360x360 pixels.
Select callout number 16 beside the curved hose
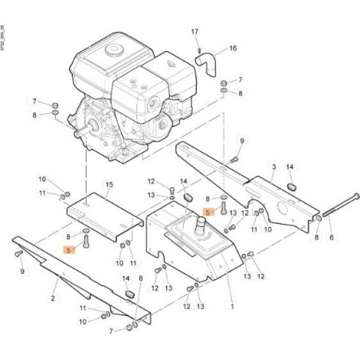[x=233, y=48]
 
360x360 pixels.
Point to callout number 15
[x=109, y=186]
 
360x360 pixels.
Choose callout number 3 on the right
[x=273, y=167]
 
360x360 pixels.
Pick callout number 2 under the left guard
[x=53, y=299]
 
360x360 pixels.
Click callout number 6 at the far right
[x=331, y=237]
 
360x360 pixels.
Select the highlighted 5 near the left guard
[x=69, y=248]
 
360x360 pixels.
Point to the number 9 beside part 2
[x=22, y=272]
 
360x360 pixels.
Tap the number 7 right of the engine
[x=241, y=80]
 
